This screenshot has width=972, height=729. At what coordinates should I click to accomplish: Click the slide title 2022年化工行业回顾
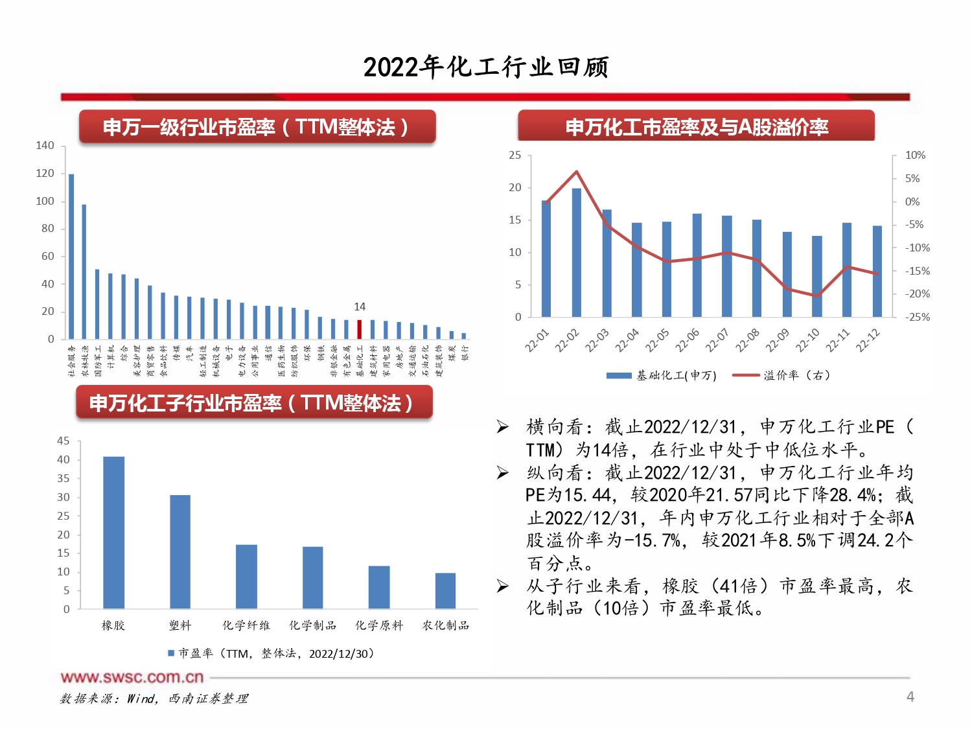[x=486, y=67]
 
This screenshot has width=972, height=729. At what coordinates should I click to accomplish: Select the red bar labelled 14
[x=360, y=329]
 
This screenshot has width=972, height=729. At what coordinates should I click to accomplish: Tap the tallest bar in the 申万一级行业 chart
[x=71, y=256]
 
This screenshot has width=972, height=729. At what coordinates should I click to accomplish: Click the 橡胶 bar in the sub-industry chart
[x=113, y=533]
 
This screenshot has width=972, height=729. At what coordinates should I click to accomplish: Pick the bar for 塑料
[x=180, y=551]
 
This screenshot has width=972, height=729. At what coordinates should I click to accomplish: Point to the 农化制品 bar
[x=445, y=590]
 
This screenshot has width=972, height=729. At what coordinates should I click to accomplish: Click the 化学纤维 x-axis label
[x=246, y=625]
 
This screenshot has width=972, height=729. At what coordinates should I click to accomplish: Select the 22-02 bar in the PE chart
[x=576, y=253]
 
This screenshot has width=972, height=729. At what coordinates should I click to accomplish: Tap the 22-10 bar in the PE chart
[x=816, y=277]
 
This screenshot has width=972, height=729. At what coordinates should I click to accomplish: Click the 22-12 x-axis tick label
[x=868, y=340]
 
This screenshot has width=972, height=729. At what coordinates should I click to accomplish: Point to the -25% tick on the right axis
[x=917, y=317]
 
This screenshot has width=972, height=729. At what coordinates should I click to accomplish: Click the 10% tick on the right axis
[x=915, y=156]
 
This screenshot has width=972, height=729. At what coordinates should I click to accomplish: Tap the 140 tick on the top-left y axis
[x=45, y=146]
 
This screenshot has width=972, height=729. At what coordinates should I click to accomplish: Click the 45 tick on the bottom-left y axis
[x=64, y=441]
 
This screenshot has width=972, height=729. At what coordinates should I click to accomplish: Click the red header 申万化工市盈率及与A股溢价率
[x=697, y=126]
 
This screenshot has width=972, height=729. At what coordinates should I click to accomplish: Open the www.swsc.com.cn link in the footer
[x=132, y=678]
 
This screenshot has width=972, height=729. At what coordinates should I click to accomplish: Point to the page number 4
[x=910, y=697]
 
